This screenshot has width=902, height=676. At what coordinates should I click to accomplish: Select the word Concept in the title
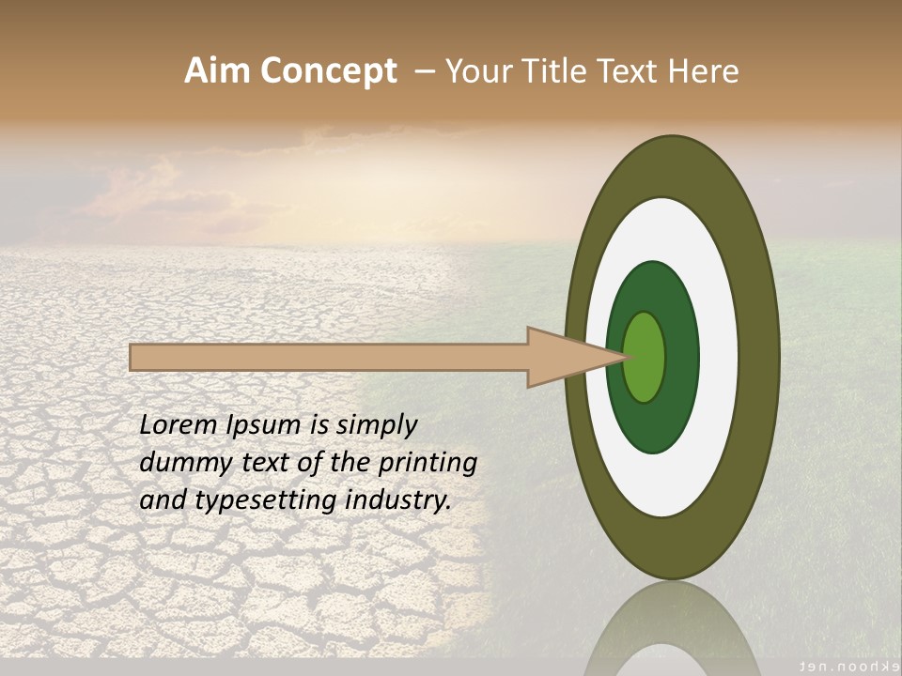(x=328, y=71)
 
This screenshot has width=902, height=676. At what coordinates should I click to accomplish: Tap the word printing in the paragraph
(x=427, y=464)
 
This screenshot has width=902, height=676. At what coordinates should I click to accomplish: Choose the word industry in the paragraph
(x=398, y=500)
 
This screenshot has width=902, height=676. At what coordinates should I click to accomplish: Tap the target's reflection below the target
(x=673, y=629)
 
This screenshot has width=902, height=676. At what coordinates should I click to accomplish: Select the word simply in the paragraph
(x=376, y=426)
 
